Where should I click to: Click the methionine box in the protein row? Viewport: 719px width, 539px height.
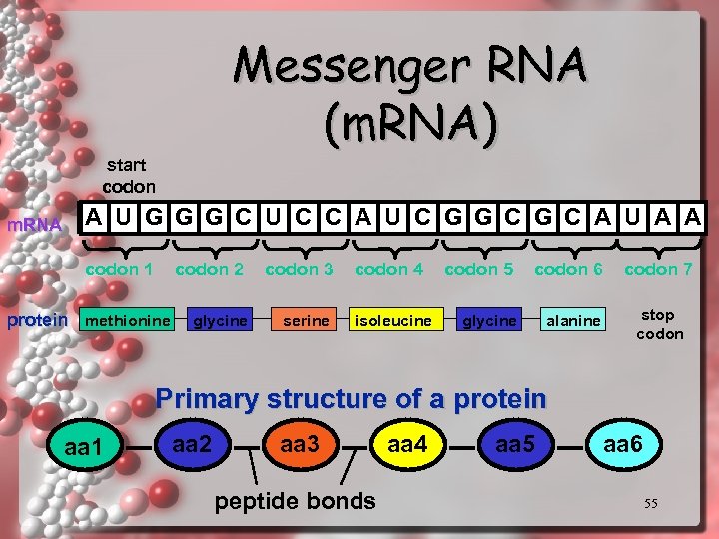[127, 320]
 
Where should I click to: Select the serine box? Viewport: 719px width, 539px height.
[306, 320]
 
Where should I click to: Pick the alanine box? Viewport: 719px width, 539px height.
[573, 320]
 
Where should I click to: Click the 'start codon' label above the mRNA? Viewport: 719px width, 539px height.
[129, 175]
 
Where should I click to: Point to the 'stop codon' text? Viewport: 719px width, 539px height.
[659, 324]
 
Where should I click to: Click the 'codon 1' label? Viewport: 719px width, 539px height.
[119, 269]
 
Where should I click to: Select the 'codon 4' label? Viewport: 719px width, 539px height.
[388, 269]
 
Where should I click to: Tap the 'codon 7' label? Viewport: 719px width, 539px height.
[658, 269]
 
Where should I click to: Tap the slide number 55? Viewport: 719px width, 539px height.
[650, 504]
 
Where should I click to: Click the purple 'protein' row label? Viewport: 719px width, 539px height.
[37, 320]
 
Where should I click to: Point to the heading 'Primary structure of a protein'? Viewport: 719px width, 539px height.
[352, 399]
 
